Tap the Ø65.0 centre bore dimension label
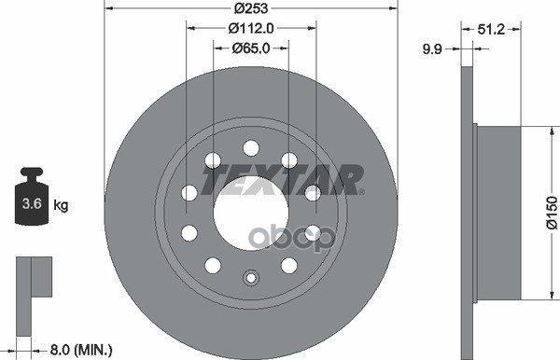(x=250, y=48)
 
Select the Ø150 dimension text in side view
(x=551, y=211)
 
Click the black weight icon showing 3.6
(x=33, y=198)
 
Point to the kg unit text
(x=61, y=203)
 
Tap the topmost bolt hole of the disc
(x=250, y=146)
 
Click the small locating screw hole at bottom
(x=250, y=277)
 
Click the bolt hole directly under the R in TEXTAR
(x=312, y=192)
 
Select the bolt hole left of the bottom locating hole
(x=213, y=264)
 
